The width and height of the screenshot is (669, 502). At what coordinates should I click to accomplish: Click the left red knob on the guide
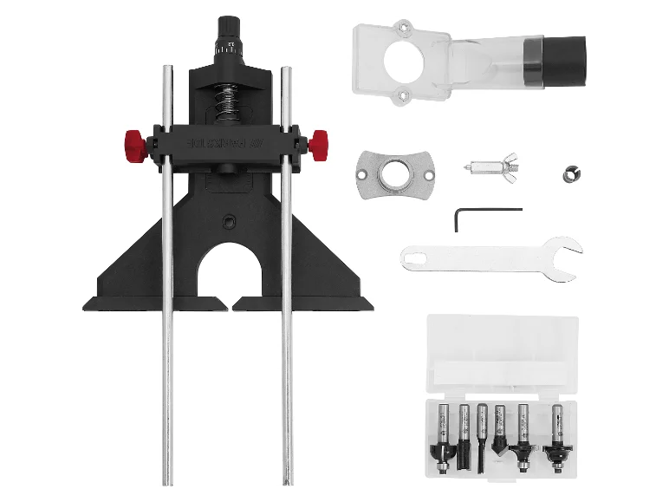(133, 140)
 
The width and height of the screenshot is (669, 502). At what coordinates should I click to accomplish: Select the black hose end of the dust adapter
(564, 61)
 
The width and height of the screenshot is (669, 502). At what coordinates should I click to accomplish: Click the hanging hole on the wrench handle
(414, 255)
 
